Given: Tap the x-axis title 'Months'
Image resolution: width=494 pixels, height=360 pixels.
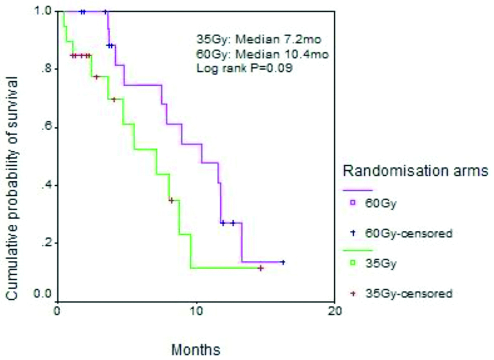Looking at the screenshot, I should click(x=195, y=349).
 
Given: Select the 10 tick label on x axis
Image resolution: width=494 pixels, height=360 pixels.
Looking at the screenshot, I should click(x=196, y=310).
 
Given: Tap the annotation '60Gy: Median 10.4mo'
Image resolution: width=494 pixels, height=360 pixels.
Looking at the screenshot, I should click(x=262, y=54).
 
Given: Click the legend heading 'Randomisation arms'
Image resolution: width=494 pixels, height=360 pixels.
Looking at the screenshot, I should click(x=415, y=171).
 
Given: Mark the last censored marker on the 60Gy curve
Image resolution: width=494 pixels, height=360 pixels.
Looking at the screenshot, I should click(x=283, y=262).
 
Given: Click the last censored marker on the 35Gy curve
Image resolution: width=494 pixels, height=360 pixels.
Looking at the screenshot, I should click(x=261, y=268).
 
